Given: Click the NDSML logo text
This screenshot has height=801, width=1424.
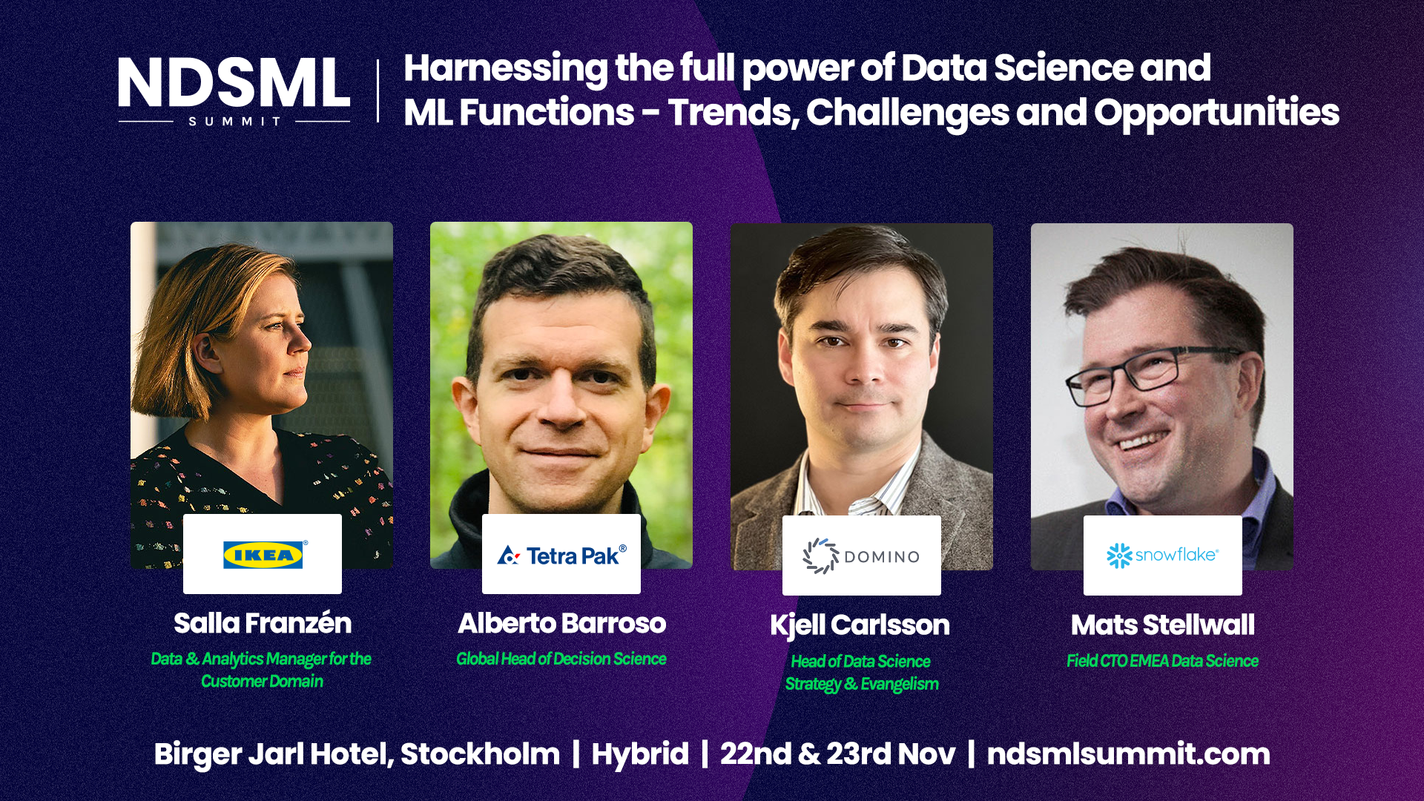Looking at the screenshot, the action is pos(234,82).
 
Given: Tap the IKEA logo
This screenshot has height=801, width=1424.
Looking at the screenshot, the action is pos(263,555).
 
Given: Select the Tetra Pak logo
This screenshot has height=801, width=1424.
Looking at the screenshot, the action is pos(562,555).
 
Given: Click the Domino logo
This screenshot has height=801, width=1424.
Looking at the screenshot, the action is pos(861,556).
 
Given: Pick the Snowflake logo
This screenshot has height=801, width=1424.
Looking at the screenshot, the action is pos(1162,555).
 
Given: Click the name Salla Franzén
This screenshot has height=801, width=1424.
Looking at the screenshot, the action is pos(263,623).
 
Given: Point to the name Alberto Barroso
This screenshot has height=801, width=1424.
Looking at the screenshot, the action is pos(562,623).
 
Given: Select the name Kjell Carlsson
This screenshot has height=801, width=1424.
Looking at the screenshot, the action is pos(860,625).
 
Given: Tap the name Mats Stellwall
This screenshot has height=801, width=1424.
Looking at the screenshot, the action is pos(1163,624).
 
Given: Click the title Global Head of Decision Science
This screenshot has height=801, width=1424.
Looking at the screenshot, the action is pos(561,659).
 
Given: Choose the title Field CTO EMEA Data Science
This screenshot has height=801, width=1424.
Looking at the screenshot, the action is pos(1162,661).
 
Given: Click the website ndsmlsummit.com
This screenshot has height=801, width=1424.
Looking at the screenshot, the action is pos(1128,754).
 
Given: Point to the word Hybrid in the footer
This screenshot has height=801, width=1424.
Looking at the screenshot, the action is pos(640,754).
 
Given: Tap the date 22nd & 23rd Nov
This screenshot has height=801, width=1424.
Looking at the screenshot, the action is pos(838,754).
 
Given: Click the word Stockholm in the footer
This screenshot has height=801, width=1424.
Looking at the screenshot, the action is pos(480,754).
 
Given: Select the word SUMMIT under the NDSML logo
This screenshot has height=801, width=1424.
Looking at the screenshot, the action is pos(234,121).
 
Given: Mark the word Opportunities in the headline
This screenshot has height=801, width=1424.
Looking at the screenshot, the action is pos(1216,113).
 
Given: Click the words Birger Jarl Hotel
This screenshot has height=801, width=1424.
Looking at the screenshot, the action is pos(273,755).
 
